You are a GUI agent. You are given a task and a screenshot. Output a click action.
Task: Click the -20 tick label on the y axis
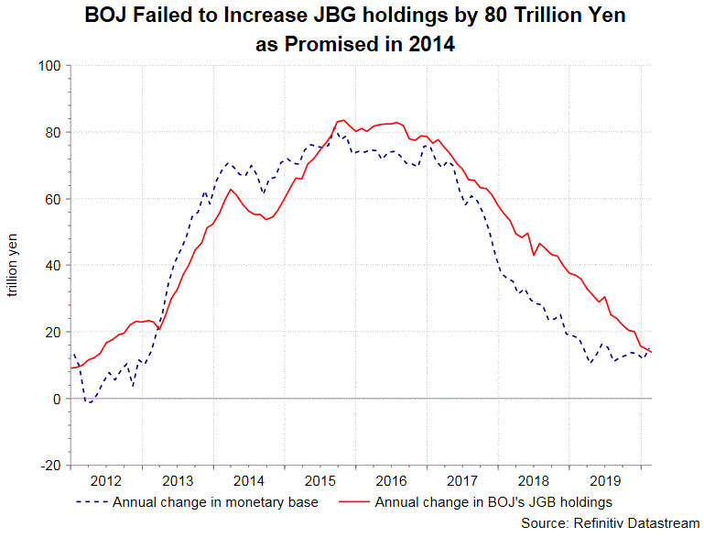[x=49, y=466]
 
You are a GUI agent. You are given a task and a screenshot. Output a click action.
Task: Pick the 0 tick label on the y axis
[x=57, y=399]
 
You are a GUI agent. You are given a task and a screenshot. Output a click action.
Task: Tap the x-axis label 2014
[x=248, y=480]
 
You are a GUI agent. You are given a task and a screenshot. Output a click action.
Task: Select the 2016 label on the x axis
[x=391, y=480]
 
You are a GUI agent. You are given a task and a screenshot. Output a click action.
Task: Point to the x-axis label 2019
[x=604, y=480]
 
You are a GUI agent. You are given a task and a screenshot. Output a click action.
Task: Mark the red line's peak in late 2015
[x=342, y=120]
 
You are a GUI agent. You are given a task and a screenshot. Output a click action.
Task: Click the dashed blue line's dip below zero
[x=90, y=402]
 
